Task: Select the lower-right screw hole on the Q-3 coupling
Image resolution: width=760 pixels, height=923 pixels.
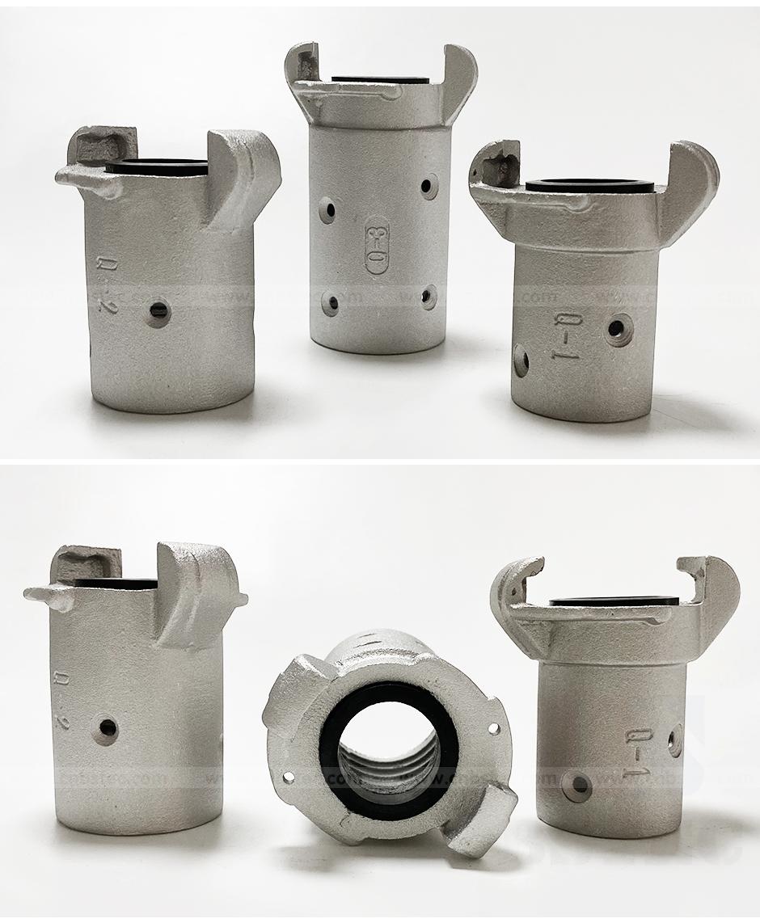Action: coord(428,297)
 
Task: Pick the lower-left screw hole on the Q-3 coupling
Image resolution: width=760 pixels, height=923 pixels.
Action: coord(329,304)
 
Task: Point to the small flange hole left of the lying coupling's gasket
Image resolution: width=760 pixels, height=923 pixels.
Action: coord(289,778)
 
